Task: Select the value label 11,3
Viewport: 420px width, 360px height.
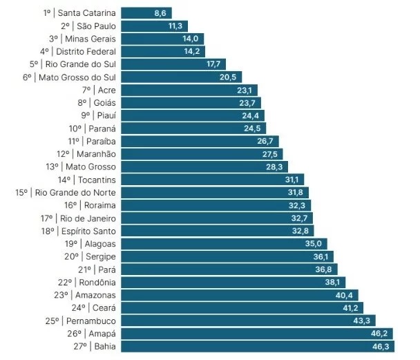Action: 175,26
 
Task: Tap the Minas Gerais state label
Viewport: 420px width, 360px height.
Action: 90,39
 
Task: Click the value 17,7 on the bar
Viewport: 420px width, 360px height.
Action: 213,64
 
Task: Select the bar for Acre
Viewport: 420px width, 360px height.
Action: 180,90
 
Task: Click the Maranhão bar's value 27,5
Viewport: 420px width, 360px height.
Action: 269,154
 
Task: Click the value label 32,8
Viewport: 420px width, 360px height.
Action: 300,231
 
